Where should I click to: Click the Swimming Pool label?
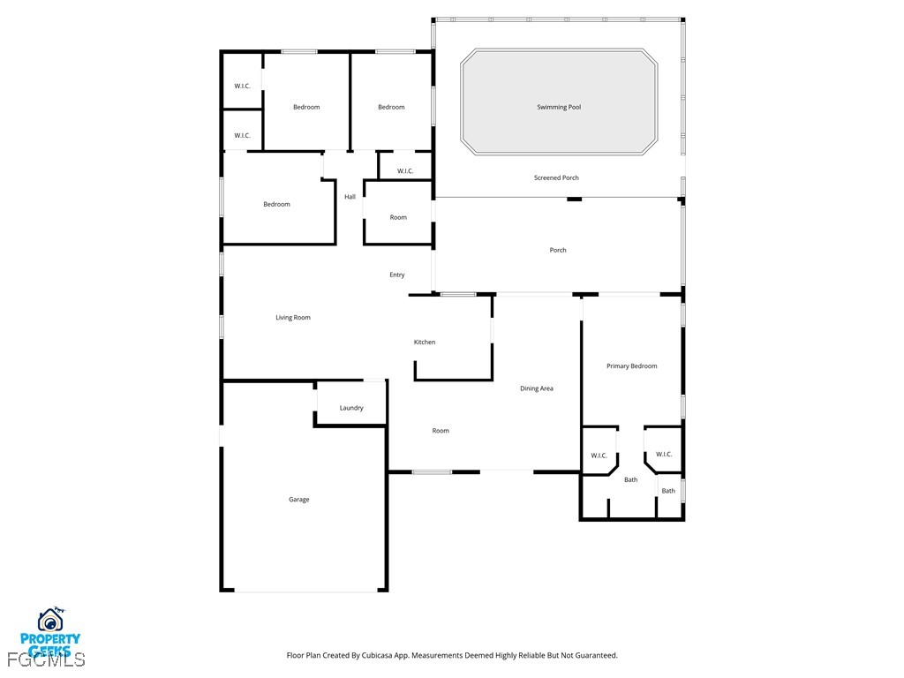pos(559,107)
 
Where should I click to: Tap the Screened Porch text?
pos(556,177)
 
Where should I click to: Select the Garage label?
pos(299,500)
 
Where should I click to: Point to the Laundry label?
pos(351,408)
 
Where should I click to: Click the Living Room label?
pos(293,318)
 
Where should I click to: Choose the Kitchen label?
pos(425,343)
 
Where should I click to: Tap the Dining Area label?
pos(537,388)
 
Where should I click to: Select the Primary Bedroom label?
pos(631,365)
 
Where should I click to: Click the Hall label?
pos(350,197)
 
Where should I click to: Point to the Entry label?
pos(397,275)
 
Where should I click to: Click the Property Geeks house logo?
pos(51,621)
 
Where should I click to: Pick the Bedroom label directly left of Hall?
pos(276,204)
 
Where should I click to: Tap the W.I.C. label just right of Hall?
pos(405,171)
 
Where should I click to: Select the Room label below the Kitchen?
pos(441,431)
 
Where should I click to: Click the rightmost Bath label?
pos(668,491)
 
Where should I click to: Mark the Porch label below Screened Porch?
pos(558,250)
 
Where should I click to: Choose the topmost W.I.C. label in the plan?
pos(242,86)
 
